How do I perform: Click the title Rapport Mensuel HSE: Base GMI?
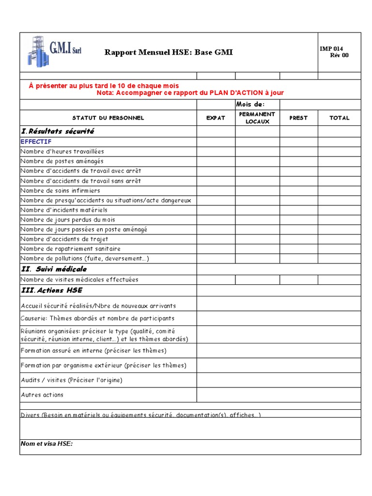pyautogui.click(x=169, y=52)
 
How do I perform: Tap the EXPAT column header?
pyautogui.click(x=216, y=118)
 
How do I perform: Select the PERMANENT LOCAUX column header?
pyautogui.click(x=257, y=118)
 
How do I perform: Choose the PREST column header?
pyautogui.click(x=298, y=118)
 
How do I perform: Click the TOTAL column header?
pyautogui.click(x=339, y=118)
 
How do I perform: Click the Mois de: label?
pyautogui.click(x=250, y=105)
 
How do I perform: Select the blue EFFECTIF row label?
pyautogui.click(x=36, y=141)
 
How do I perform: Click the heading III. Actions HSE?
pyautogui.click(x=51, y=290)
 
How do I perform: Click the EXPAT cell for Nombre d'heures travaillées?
pyautogui.click(x=216, y=152)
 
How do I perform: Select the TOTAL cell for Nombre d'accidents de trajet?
pyautogui.click(x=339, y=239)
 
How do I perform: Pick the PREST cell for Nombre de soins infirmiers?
pyautogui.click(x=298, y=190)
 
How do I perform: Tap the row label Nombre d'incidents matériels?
pyautogui.click(x=64, y=210)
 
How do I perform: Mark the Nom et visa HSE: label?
pyautogui.click(x=46, y=443)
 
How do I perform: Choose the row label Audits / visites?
pyautogui.click(x=71, y=380)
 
